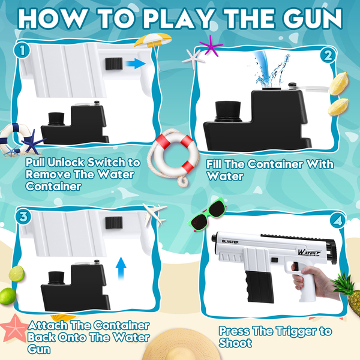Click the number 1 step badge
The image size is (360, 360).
point(22,50)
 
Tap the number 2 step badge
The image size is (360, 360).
point(328,56)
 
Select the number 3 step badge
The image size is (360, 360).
point(23,217)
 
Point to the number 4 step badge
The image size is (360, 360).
point(338,221)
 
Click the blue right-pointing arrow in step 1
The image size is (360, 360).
point(136,64)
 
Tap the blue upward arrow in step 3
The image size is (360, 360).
point(121,268)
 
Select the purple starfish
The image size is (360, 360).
point(211,46)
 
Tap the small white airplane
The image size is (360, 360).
point(154,214)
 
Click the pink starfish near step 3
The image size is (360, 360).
point(14,328)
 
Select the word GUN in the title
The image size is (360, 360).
point(313,19)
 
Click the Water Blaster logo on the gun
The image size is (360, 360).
point(309,252)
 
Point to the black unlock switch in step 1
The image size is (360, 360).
point(114,64)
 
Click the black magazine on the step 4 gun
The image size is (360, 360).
point(259,286)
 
